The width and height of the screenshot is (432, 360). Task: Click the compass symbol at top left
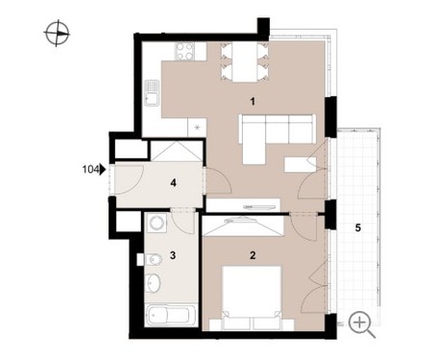pyautogui.click(x=57, y=33)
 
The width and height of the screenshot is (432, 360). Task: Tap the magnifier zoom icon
pyautogui.click(x=362, y=324)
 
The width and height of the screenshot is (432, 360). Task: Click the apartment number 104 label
pyautogui.click(x=90, y=169)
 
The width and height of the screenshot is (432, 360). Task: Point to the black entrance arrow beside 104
pyautogui.click(x=103, y=169)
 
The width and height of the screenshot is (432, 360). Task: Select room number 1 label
pyautogui.click(x=252, y=102)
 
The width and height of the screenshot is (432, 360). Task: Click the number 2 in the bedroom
pyautogui.click(x=252, y=255)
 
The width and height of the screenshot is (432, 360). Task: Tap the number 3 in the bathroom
pyautogui.click(x=173, y=255)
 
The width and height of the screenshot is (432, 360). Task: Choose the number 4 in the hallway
pyautogui.click(x=174, y=183)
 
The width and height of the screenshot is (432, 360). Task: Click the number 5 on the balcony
pyautogui.click(x=358, y=228)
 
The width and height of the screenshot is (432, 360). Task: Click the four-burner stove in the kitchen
pyautogui.click(x=184, y=51)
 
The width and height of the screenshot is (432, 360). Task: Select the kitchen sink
pyautogui.click(x=152, y=92)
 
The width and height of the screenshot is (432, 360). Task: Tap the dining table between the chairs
pyautogui.click(x=245, y=62)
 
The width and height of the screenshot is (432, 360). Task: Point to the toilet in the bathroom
pyautogui.click(x=154, y=259)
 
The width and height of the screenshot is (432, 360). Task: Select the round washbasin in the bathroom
pyautogui.click(x=153, y=283)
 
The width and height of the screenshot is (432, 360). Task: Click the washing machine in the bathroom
pyautogui.click(x=156, y=223)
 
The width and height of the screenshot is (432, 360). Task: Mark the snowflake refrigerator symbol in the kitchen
pyautogui.click(x=197, y=128)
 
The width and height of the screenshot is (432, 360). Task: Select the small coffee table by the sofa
pyautogui.click(x=300, y=164)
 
